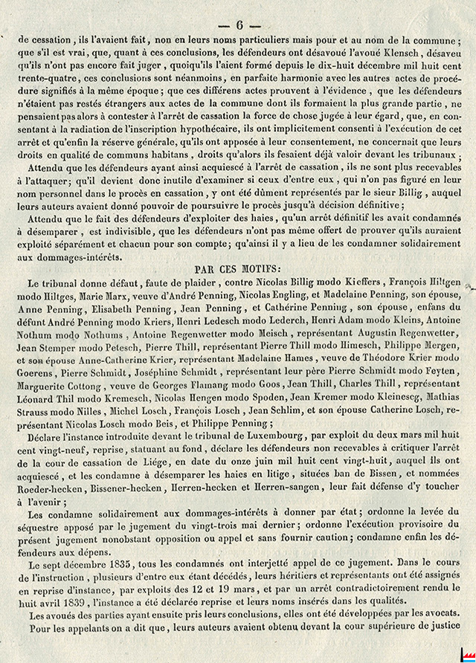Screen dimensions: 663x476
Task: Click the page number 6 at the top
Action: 238,24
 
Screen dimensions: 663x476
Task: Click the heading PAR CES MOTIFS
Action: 238,271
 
